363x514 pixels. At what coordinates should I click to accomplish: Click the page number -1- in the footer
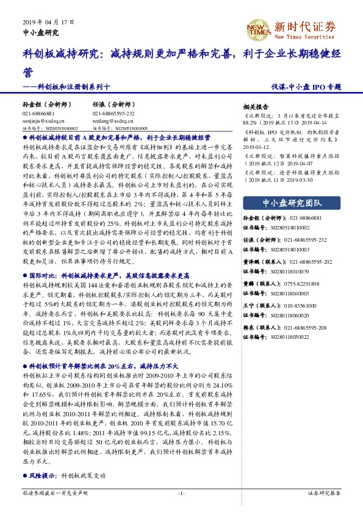181,492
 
